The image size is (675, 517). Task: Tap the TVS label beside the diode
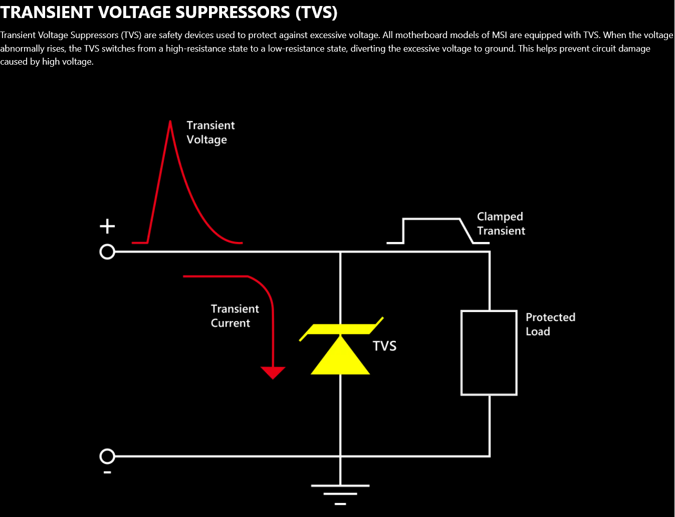click(384, 346)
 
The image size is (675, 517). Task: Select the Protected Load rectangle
click(489, 353)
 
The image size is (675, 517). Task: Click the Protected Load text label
click(550, 324)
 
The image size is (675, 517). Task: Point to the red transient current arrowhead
click(273, 372)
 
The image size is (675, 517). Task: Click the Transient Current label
click(235, 316)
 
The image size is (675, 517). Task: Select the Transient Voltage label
click(210, 132)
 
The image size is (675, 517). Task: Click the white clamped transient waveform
click(431, 219)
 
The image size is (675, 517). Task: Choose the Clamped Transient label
click(501, 223)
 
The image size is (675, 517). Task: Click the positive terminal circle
click(107, 251)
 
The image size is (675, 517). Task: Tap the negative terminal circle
click(107, 456)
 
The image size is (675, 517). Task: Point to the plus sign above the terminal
click(107, 226)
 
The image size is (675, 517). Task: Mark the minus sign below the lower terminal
click(107, 472)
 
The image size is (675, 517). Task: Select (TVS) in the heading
click(316, 12)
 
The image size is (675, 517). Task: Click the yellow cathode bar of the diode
click(341, 329)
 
